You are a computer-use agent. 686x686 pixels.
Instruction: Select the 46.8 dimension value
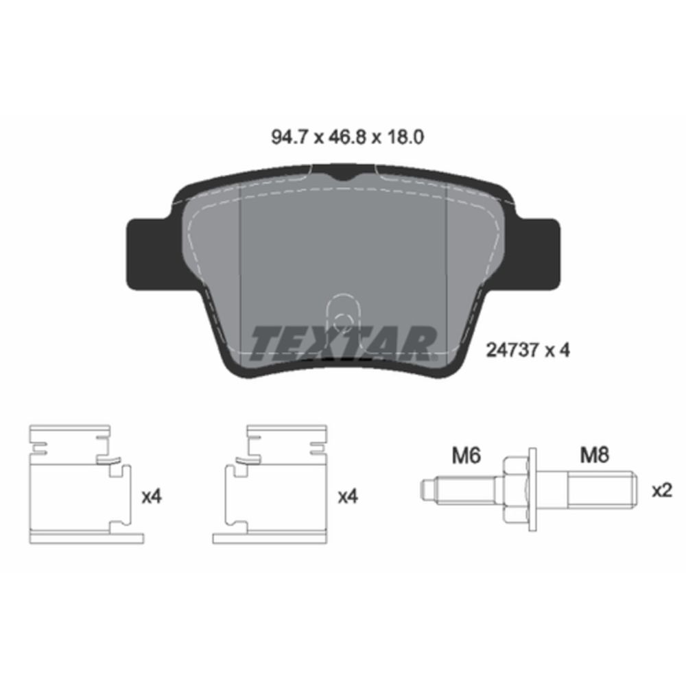(x=346, y=137)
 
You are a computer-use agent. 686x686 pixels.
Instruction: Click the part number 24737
(x=512, y=350)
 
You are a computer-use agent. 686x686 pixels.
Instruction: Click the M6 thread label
(x=466, y=456)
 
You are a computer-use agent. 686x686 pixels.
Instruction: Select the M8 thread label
(x=594, y=456)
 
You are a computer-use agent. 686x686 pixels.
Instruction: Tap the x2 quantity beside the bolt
(x=661, y=491)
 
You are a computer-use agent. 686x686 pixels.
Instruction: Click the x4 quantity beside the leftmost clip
(x=152, y=497)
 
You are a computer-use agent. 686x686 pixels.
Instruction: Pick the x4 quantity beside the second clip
(x=348, y=497)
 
